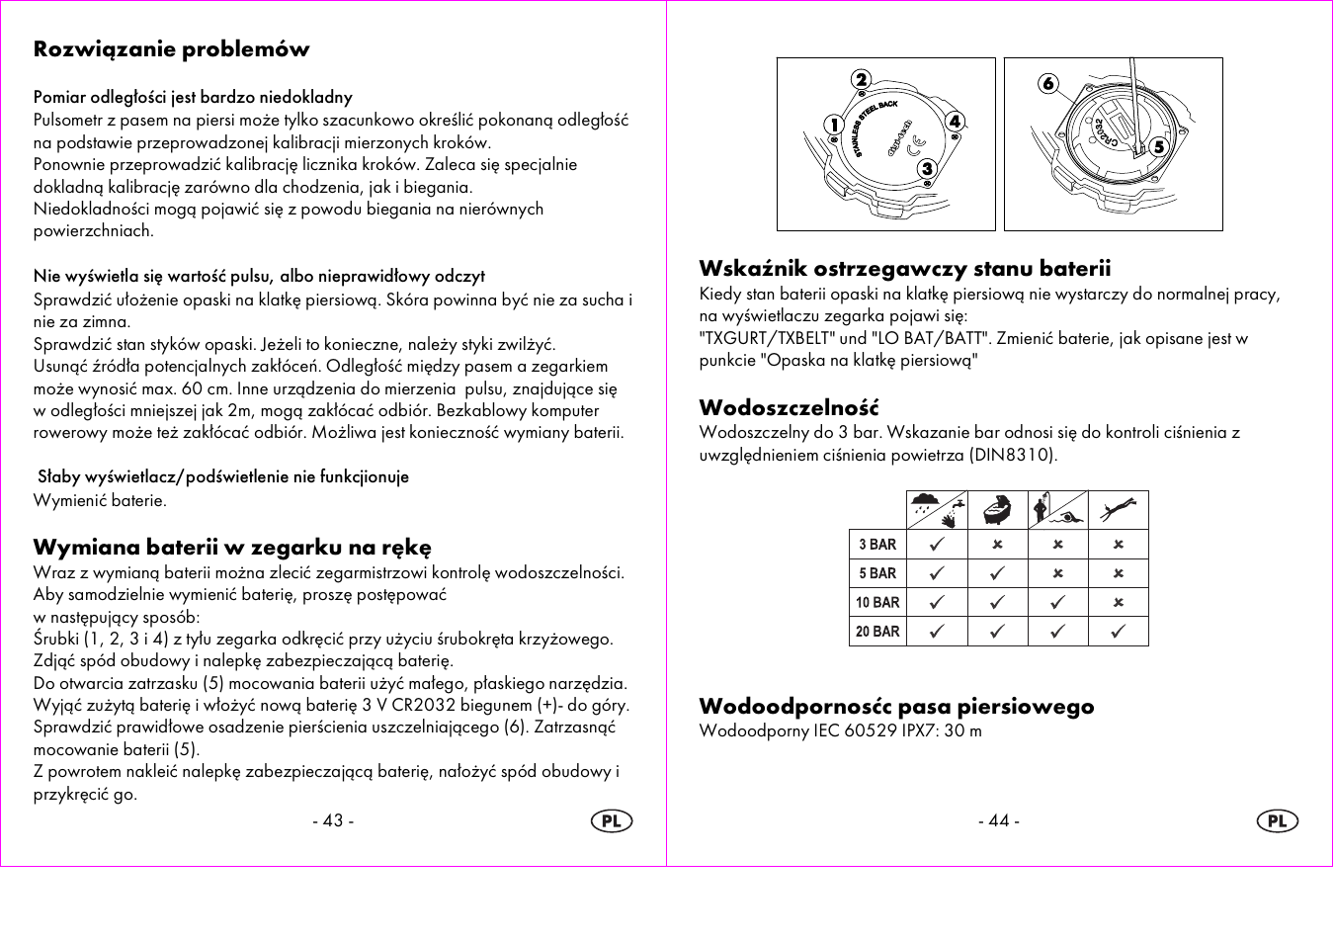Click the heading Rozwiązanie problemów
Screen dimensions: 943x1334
click(171, 49)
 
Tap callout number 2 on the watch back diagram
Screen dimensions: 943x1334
click(862, 80)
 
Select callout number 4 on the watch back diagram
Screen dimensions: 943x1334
click(955, 122)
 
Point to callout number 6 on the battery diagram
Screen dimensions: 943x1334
click(1048, 84)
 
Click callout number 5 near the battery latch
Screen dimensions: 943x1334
click(1159, 146)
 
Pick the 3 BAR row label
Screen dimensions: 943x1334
click(877, 545)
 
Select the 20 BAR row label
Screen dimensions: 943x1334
click(877, 632)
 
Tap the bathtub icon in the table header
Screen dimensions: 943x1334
click(997, 510)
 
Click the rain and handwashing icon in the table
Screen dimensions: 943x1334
click(937, 510)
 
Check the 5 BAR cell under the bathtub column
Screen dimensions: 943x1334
click(997, 573)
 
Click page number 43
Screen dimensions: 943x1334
click(333, 820)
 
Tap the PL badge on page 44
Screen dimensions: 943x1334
click(1277, 821)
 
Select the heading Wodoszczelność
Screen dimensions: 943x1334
click(789, 408)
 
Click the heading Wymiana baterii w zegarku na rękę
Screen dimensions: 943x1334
click(232, 548)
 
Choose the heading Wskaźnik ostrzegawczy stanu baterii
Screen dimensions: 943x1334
click(904, 269)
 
